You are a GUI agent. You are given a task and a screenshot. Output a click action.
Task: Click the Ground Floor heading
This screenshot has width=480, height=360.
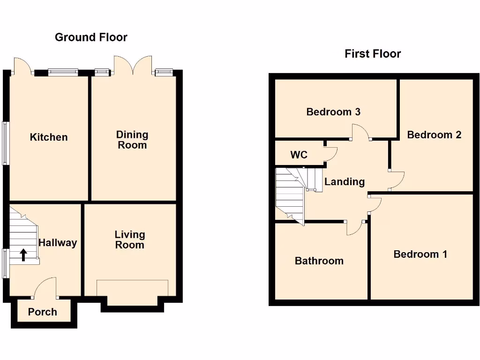tap(91, 37)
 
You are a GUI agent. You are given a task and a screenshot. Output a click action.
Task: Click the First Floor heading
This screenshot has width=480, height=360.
tap(373, 54)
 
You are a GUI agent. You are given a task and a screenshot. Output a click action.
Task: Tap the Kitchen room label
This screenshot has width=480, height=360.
tap(49, 137)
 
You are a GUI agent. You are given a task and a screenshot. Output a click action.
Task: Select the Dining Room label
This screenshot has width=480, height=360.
tap(132, 140)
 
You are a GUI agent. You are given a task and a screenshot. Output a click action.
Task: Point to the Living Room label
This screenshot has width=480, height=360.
tap(130, 240)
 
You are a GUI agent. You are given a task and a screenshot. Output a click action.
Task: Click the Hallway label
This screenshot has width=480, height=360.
tap(58, 243)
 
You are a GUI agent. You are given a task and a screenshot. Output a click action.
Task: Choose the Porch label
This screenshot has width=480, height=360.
tap(42, 312)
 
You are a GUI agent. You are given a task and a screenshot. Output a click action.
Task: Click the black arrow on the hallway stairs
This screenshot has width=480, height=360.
tap(23, 255)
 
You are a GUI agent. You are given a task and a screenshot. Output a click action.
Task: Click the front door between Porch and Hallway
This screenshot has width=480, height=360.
tap(45, 288)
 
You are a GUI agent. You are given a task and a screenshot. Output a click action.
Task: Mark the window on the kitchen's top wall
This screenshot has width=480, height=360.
tap(63, 72)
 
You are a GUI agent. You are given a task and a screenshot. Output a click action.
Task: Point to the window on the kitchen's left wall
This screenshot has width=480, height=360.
tap(5, 143)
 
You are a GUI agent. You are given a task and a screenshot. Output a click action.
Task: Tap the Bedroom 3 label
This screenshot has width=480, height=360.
tap(333, 112)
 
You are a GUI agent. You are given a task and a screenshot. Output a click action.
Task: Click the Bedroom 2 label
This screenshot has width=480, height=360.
tap(434, 135)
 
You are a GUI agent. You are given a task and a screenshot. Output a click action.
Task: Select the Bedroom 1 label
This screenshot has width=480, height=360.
tap(420, 254)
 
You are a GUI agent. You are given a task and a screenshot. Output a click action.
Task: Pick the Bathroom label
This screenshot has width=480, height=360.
tap(319, 261)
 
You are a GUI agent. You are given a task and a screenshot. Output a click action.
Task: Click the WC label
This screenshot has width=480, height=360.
tap(299, 155)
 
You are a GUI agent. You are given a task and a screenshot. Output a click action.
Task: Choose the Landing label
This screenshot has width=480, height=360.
tap(345, 182)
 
